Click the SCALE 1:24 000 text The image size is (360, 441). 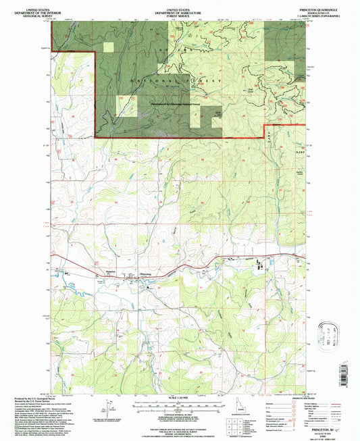pyautogui.click(x=179, y=396)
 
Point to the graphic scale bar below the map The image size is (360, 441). pyautogui.click(x=179, y=404)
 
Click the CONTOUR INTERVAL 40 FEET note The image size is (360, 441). pyautogui.click(x=179, y=412)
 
